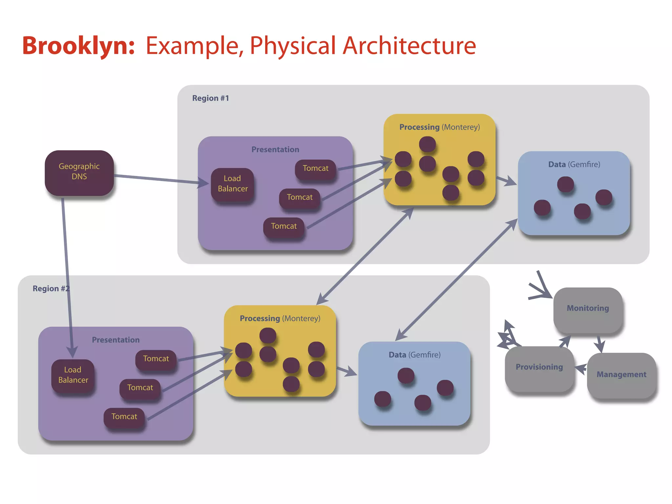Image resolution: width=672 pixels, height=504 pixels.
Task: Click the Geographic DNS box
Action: [79, 173]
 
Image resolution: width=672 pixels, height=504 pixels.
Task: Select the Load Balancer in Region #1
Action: [232, 184]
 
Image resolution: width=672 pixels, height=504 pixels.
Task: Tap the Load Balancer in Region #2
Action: [73, 375]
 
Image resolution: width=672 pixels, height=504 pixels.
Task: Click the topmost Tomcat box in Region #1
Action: [315, 169]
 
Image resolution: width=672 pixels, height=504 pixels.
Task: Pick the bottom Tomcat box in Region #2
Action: [124, 417]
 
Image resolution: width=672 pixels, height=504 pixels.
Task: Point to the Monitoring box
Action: [588, 309]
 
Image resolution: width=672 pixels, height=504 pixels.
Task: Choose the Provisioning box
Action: [539, 367]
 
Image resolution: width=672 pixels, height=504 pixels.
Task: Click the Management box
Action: [621, 375]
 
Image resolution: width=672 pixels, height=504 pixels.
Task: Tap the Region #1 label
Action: [210, 98]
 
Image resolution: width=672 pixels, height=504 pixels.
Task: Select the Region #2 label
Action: [51, 288]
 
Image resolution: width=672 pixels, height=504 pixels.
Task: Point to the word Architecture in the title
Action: [409, 46]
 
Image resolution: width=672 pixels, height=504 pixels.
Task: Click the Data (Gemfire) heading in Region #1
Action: [574, 164]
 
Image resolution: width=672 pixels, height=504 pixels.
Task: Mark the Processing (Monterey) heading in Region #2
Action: [280, 318]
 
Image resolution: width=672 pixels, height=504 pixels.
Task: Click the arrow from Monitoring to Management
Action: [599, 344]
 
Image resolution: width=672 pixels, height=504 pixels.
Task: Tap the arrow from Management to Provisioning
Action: [581, 368]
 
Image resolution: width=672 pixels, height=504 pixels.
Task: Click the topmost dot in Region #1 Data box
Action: [565, 184]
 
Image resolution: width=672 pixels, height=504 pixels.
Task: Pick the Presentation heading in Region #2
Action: [115, 340]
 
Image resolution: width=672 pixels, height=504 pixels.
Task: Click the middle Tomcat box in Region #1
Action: [300, 198]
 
